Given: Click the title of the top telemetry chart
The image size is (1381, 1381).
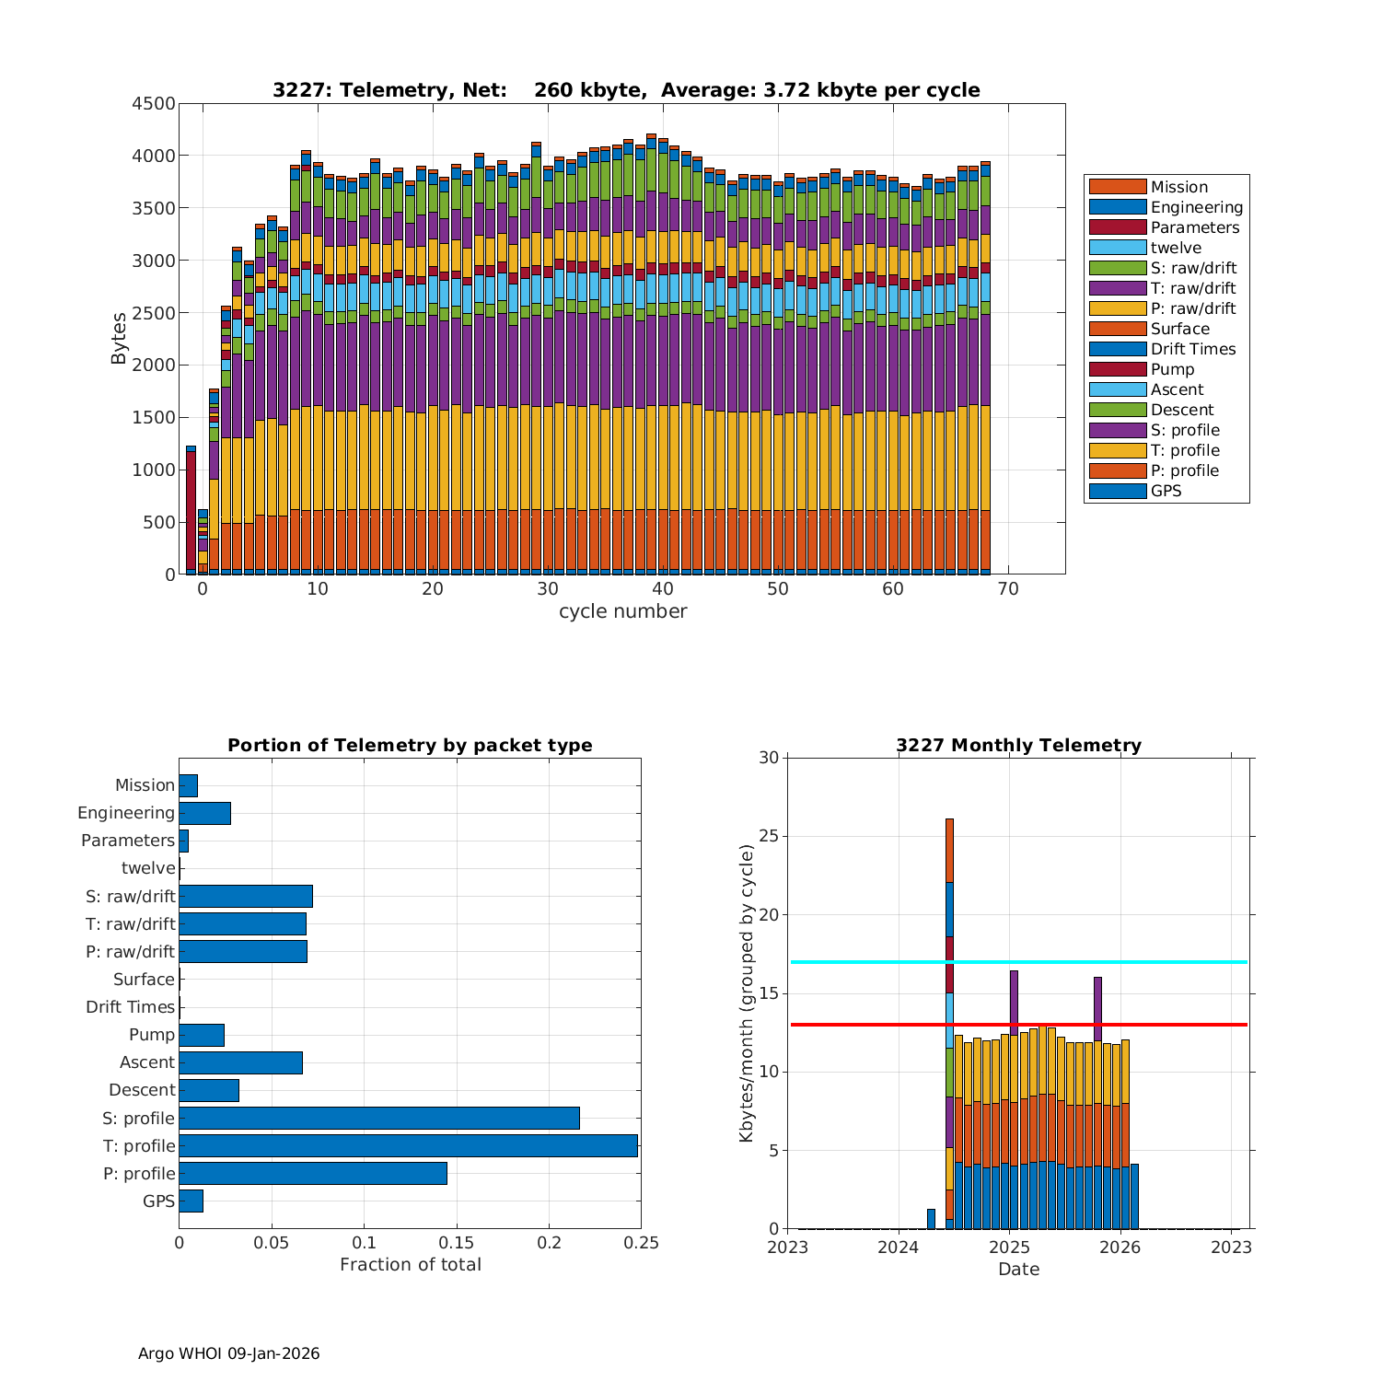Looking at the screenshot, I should [x=626, y=90].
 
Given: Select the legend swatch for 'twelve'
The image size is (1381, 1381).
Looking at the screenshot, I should [x=1118, y=248].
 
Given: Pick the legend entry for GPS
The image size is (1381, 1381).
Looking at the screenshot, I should [x=1166, y=491].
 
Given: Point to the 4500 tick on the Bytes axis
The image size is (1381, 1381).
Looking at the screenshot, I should [x=154, y=104].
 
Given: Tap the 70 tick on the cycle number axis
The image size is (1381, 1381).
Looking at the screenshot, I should [x=1008, y=589].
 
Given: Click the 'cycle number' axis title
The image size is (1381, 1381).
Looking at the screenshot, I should [x=622, y=611].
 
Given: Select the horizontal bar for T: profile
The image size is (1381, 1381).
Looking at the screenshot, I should [x=408, y=1145].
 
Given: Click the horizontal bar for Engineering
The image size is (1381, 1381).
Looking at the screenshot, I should [x=204, y=813].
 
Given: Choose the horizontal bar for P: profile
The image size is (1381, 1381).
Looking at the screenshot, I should [x=313, y=1173].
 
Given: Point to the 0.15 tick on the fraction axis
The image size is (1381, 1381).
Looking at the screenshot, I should [x=457, y=1243].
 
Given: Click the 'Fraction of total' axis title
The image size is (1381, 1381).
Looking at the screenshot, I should [x=411, y=1265].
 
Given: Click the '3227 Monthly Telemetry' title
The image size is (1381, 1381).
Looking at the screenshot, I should [x=1018, y=746].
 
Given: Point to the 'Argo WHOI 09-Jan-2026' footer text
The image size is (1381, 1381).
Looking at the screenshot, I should [x=229, y=1353].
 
